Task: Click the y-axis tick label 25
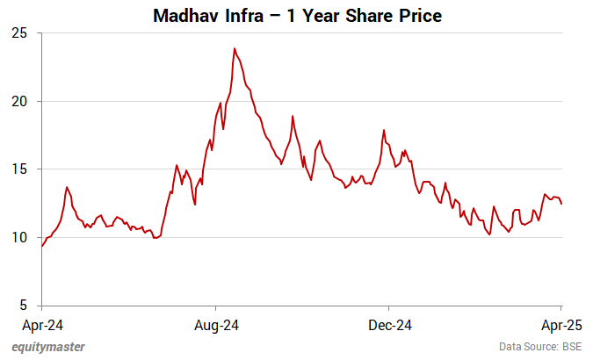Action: point(19,33)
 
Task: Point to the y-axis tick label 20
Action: point(19,101)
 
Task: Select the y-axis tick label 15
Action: point(19,169)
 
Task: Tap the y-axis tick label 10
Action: point(19,237)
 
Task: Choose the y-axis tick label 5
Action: point(23,306)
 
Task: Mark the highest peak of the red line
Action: point(235,48)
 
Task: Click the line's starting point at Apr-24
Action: point(42,246)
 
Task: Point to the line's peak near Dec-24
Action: point(384,130)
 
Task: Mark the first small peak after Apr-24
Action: point(67,187)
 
